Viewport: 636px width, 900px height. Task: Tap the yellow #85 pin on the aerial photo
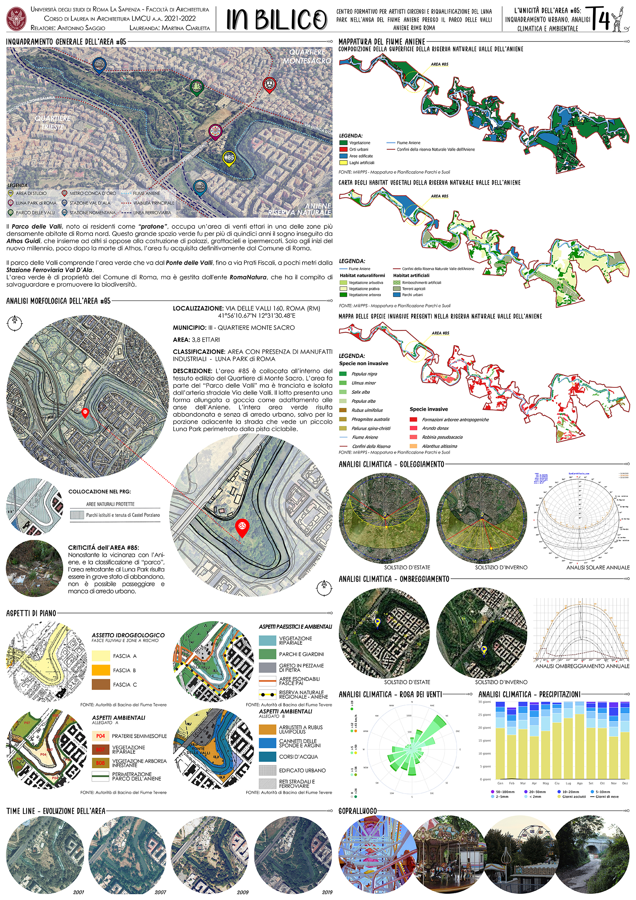pos(228,158)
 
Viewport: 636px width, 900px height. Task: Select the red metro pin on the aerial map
pos(269,85)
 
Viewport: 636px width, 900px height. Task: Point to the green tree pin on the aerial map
pos(196,88)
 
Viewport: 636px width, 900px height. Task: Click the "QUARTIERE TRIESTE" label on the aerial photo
pos(52,122)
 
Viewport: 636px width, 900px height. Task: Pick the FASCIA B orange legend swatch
pos(101,670)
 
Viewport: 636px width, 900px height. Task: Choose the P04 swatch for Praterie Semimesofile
pos(100,736)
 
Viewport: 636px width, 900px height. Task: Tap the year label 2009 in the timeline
pos(243,892)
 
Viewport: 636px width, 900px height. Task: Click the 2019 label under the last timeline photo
pos(327,892)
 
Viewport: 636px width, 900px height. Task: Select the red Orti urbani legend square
pos(343,149)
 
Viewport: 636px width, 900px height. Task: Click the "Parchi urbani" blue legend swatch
pos(397,295)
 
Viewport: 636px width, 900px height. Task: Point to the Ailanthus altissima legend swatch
pos(413,446)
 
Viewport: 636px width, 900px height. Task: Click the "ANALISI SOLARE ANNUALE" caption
pos(597,567)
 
